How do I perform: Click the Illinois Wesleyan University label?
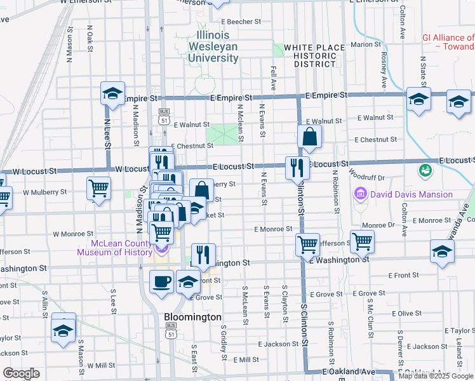pyautogui.click(x=213, y=46)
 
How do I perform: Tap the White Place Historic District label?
pyautogui.click(x=310, y=56)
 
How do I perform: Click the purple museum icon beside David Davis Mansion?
pyautogui.click(x=361, y=193)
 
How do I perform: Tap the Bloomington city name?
pyautogui.click(x=192, y=316)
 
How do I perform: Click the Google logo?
pyautogui.click(x=21, y=373)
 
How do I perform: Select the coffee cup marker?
pyautogui.click(x=161, y=281)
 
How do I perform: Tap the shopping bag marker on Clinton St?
pyautogui.click(x=309, y=136)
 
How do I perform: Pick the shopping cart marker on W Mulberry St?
pyautogui.click(x=98, y=189)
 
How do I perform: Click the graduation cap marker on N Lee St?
pyautogui.click(x=112, y=95)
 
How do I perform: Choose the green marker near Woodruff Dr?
pyautogui.click(x=424, y=170)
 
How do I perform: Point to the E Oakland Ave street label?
pyautogui.click(x=349, y=371)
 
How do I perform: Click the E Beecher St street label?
pyautogui.click(x=237, y=22)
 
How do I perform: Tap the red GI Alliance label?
pyautogui.click(x=448, y=42)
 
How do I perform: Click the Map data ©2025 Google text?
pyautogui.click(x=436, y=376)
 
